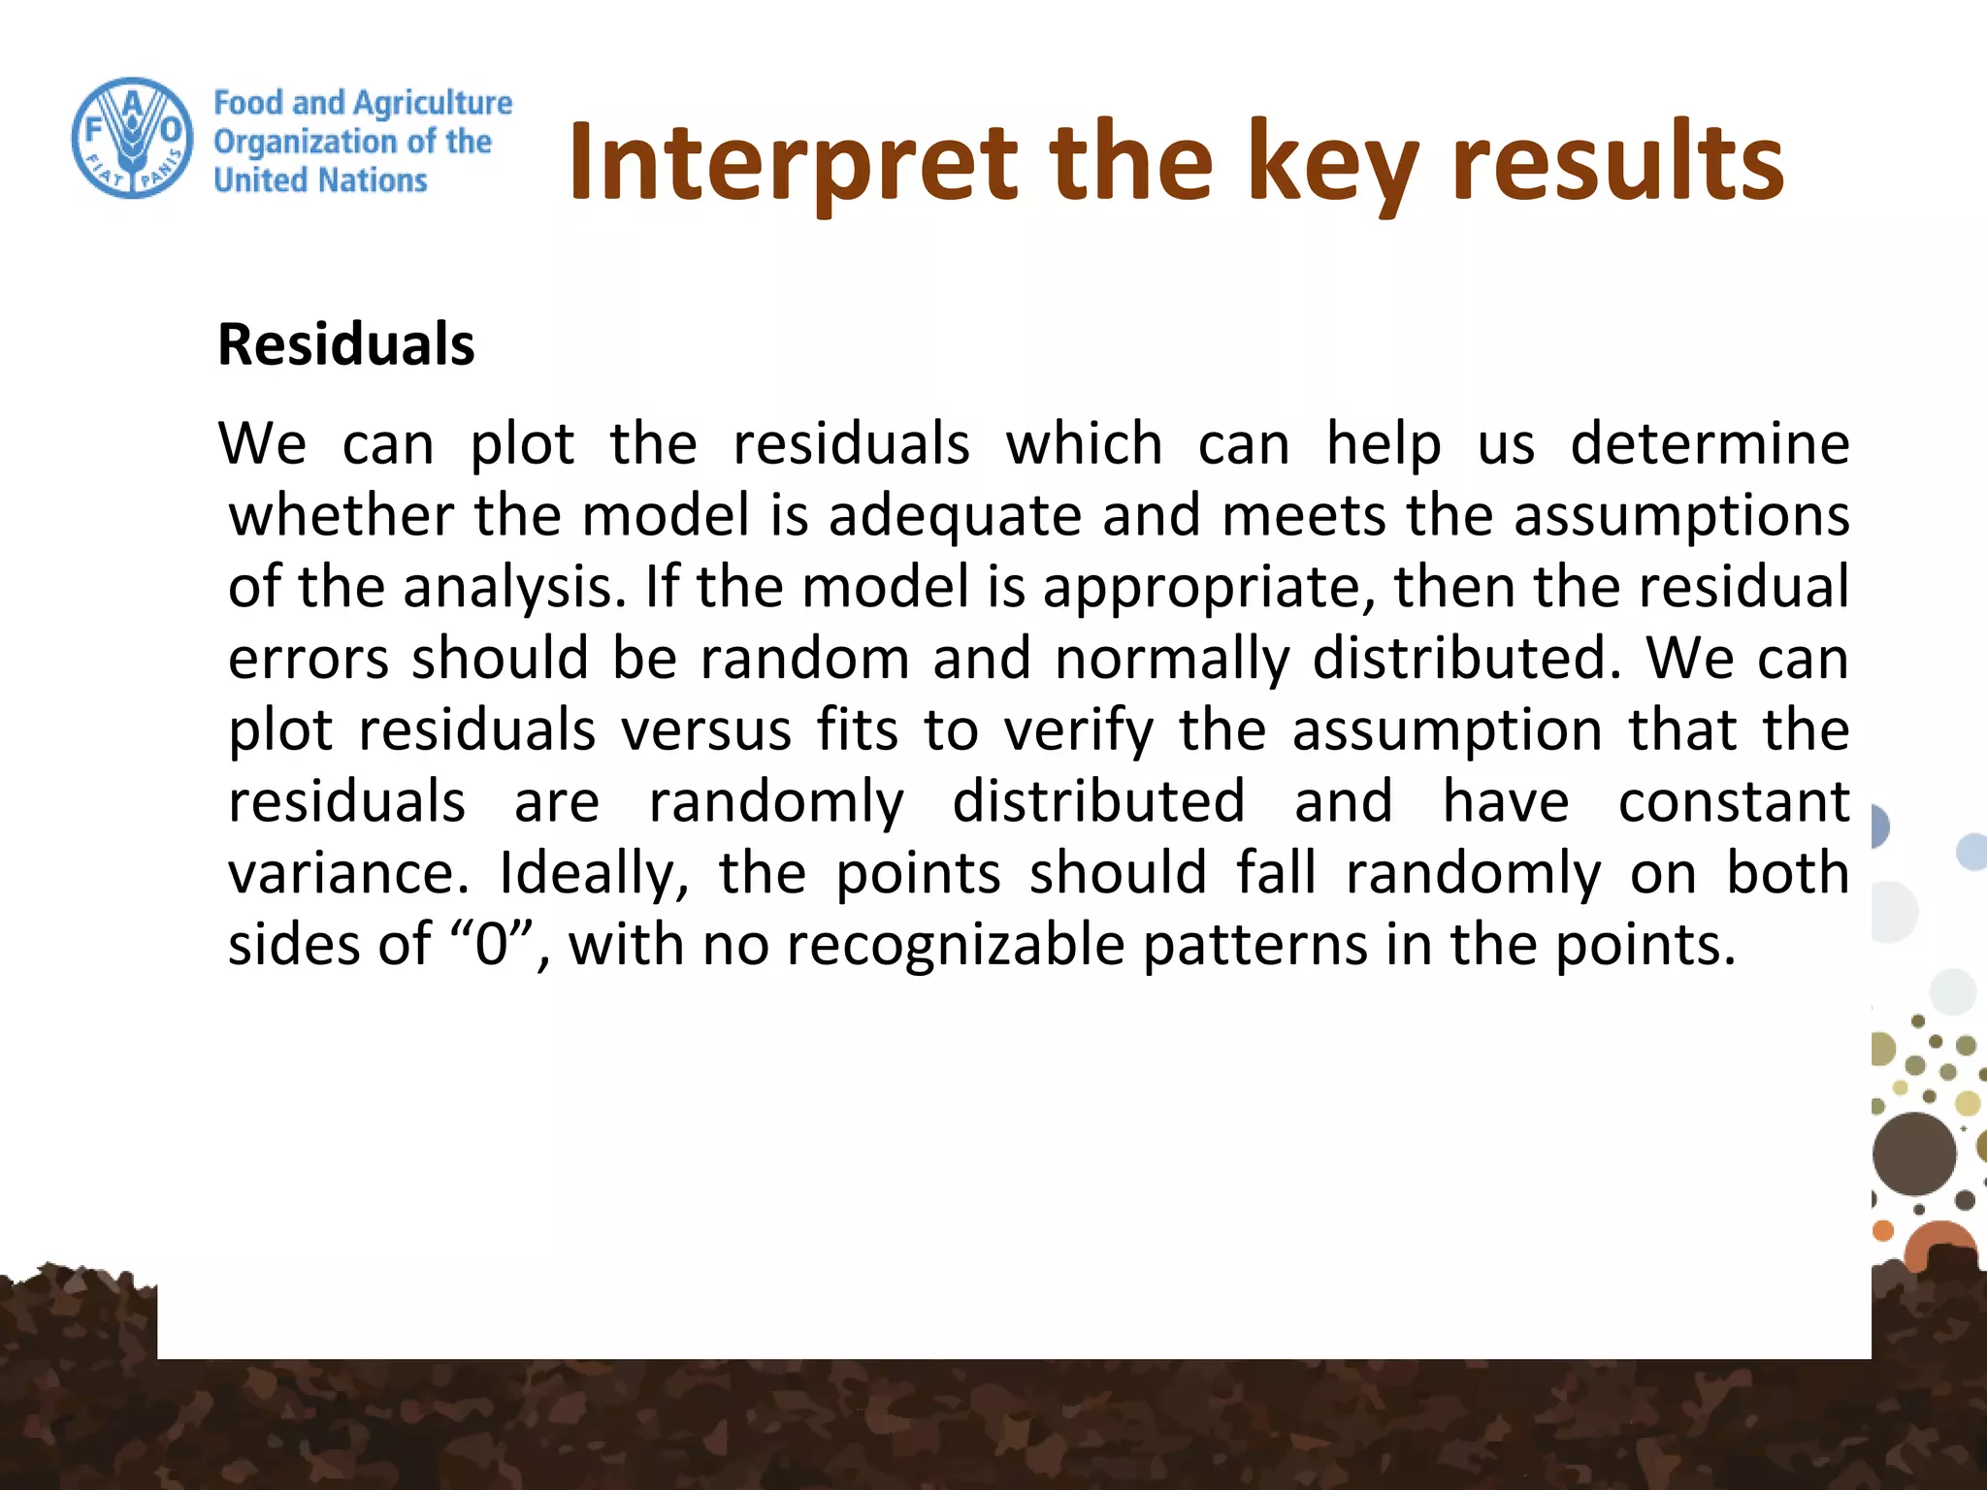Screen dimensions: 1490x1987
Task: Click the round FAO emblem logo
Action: (133, 138)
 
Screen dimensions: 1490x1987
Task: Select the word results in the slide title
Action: (1617, 162)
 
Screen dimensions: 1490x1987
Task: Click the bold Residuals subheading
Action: (346, 344)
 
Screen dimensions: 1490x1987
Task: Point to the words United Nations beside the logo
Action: (320, 180)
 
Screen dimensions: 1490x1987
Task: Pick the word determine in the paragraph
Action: (1710, 444)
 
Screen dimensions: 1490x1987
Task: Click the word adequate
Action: (955, 515)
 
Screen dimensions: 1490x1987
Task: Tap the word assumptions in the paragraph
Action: (1681, 515)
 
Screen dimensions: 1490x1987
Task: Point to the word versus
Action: (706, 730)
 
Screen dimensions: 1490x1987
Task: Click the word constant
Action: (1734, 802)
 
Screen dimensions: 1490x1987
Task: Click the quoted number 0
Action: (492, 945)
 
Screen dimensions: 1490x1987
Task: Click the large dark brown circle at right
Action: (1913, 1153)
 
